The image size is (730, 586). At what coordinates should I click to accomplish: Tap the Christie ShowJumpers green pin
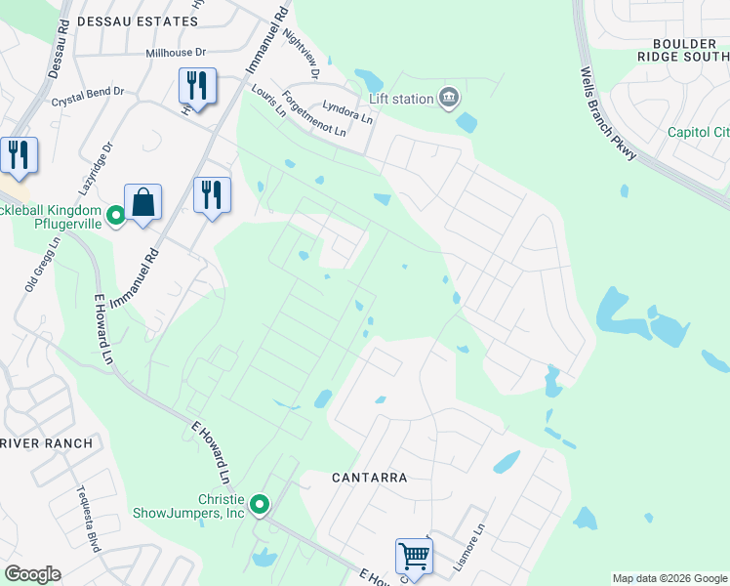[x=260, y=505]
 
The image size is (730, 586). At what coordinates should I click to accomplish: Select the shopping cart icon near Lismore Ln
[x=414, y=557]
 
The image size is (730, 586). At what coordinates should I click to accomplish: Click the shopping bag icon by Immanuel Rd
[x=142, y=202]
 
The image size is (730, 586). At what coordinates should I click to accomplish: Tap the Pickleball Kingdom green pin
[x=115, y=213]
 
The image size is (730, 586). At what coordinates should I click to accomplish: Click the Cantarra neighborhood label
[x=368, y=478]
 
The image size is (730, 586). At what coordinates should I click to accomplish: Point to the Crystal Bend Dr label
[x=88, y=95]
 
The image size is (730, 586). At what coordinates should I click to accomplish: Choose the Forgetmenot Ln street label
[x=314, y=115]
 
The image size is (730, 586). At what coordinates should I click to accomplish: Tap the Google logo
[x=32, y=574]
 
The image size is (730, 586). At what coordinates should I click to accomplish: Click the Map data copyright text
[x=669, y=579]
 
